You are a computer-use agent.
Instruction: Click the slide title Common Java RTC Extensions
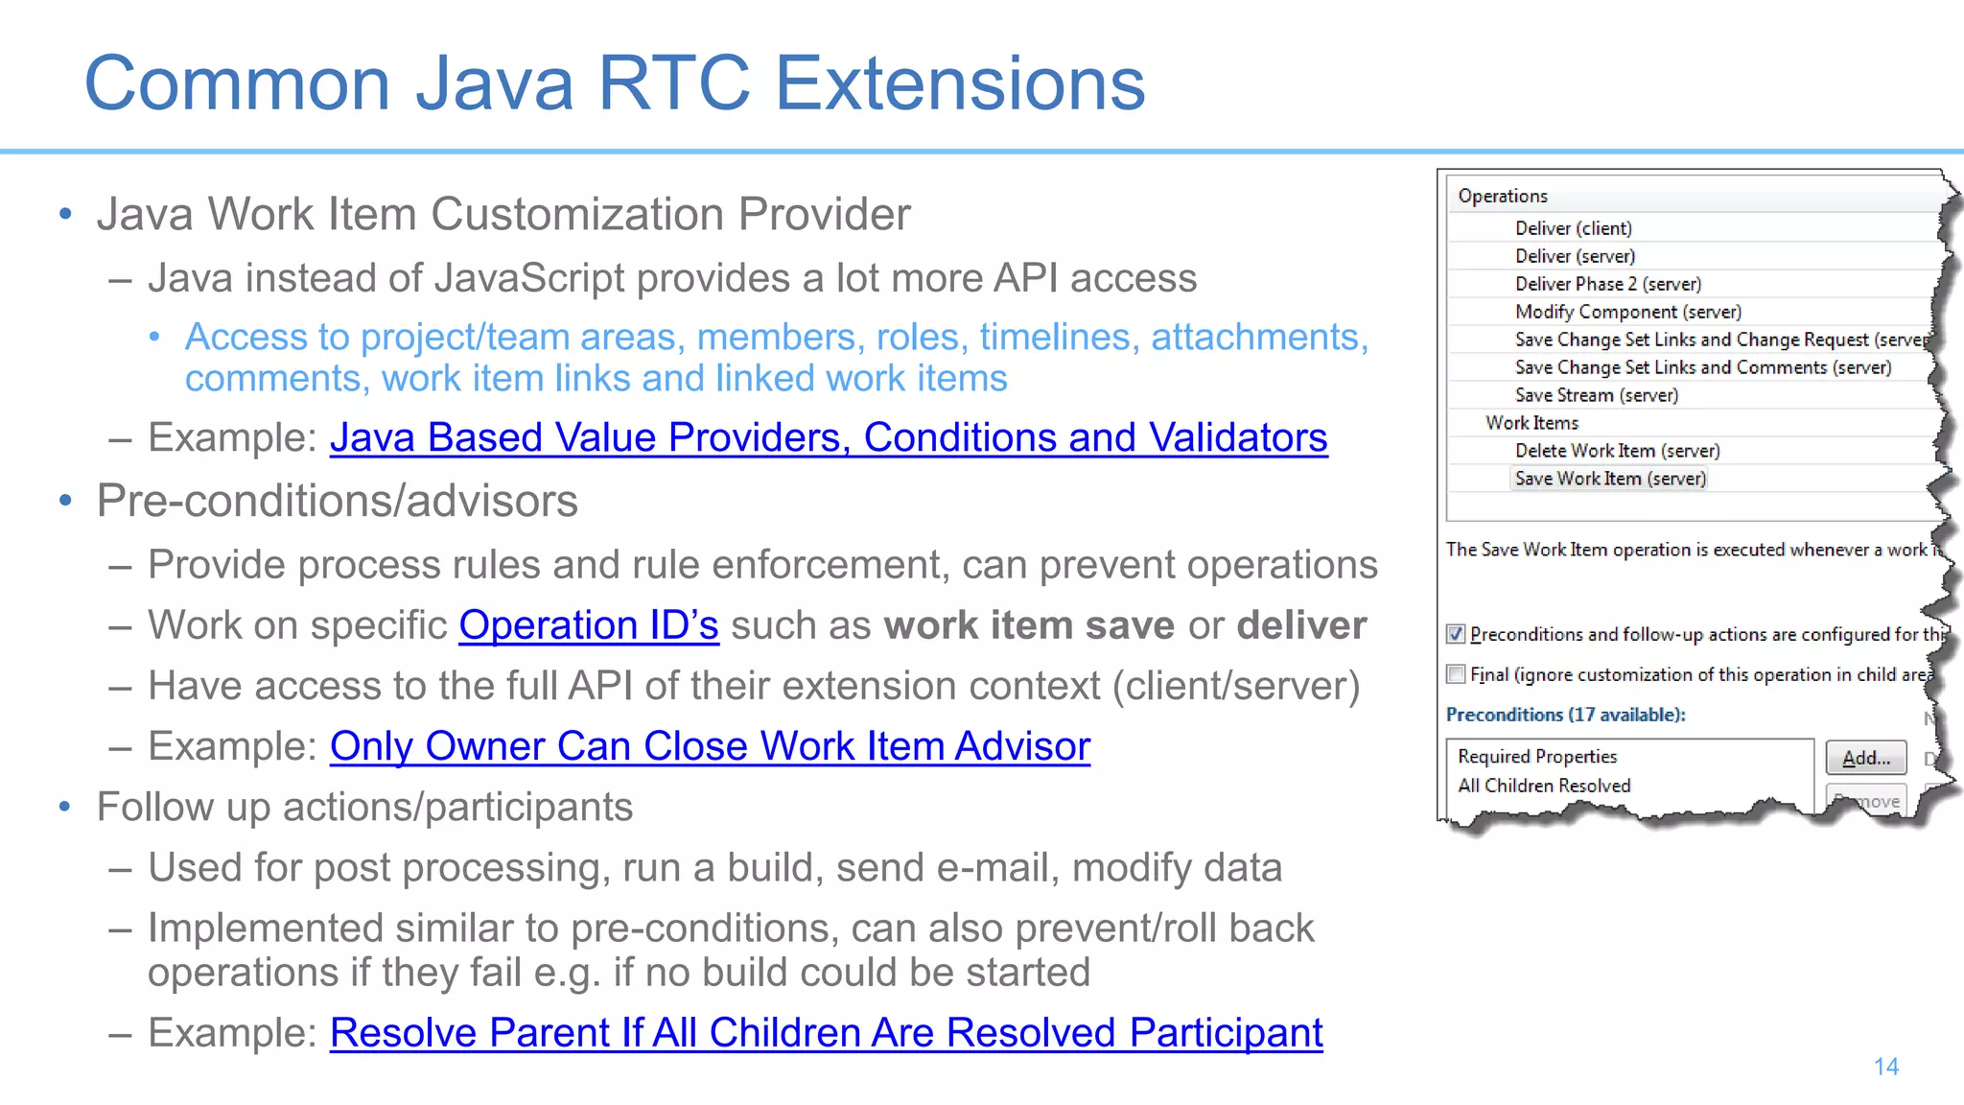[615, 83]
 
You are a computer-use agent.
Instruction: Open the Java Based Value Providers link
[828, 438]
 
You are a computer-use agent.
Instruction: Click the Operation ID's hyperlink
[588, 625]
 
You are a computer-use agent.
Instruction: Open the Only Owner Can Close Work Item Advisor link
[710, 746]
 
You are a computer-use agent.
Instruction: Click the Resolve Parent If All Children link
[826, 1033]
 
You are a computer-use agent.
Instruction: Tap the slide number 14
[1885, 1067]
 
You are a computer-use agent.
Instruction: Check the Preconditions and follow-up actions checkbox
[1456, 634]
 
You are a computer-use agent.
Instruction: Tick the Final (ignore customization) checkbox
[1456, 674]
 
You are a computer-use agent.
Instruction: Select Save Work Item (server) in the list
[1610, 479]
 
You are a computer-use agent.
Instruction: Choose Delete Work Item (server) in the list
[1617, 451]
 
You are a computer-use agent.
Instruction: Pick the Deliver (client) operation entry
[1573, 228]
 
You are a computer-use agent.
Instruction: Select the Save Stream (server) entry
[1596, 395]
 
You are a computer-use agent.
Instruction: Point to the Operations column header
[1503, 196]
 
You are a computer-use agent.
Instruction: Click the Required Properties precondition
[1537, 757]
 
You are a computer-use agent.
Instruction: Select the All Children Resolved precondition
[1544, 786]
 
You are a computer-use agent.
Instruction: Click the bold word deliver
[1301, 625]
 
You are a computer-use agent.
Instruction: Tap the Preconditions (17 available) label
[1565, 715]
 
